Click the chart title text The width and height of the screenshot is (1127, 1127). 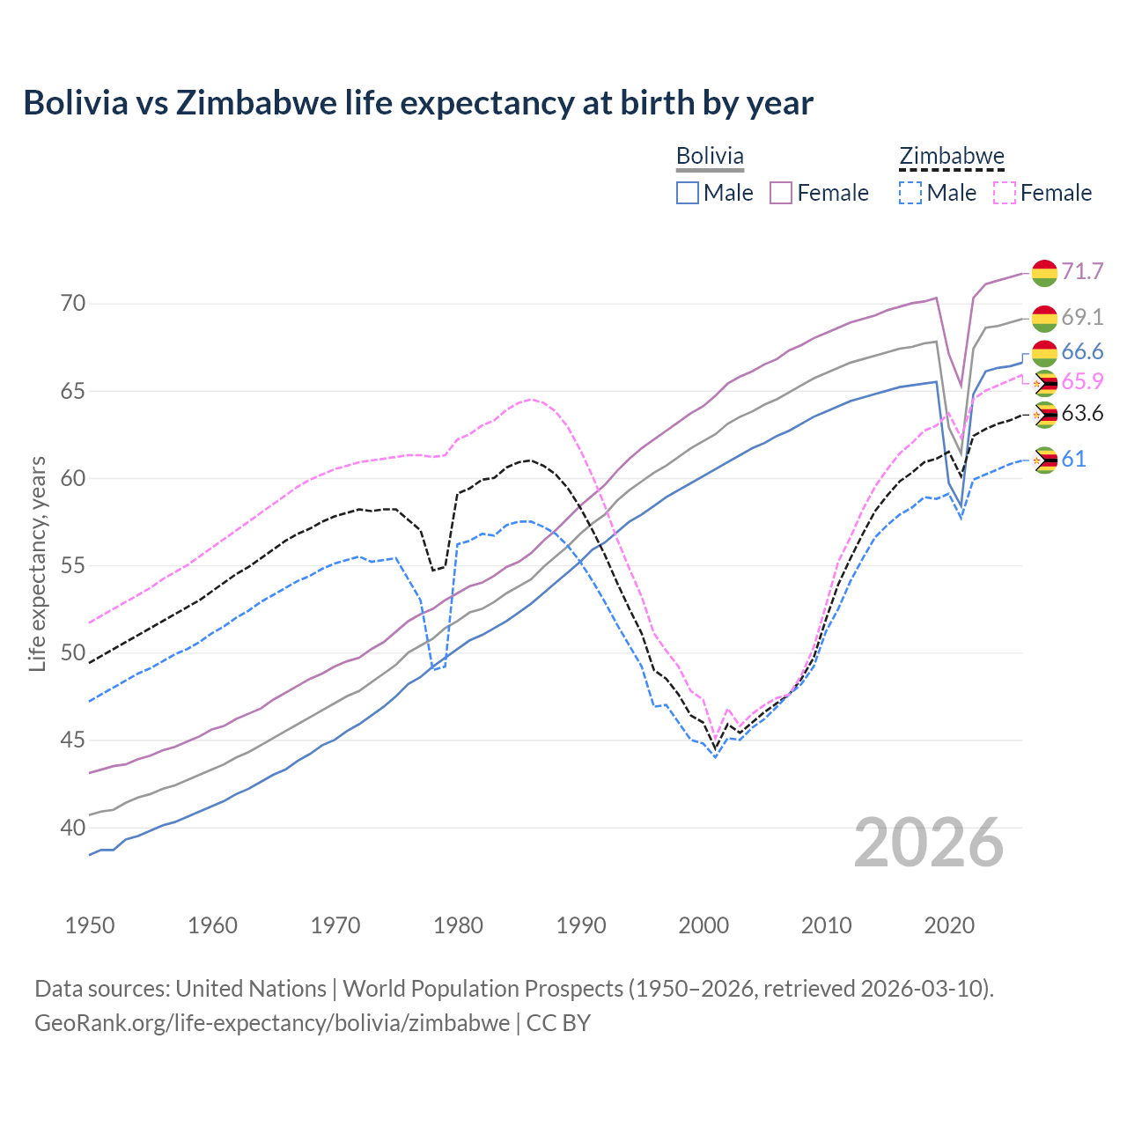[x=418, y=103]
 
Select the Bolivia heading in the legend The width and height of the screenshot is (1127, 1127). [x=710, y=156]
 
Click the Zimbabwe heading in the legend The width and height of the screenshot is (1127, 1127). [x=952, y=156]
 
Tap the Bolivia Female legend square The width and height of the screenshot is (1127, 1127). [x=782, y=193]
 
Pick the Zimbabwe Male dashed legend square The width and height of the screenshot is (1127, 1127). [x=910, y=193]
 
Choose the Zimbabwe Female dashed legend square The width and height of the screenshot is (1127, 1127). [x=1005, y=193]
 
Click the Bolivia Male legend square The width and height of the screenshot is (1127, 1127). [x=688, y=193]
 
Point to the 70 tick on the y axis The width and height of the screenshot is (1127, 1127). [x=74, y=304]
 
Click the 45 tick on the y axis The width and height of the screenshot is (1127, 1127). [x=74, y=740]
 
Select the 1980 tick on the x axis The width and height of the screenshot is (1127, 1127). [x=459, y=925]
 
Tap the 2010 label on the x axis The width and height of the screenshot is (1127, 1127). [x=826, y=925]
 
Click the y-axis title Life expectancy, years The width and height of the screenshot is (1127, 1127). [x=37, y=563]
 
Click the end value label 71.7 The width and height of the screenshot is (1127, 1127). [x=1082, y=271]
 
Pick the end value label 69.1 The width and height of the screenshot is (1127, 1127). [x=1082, y=317]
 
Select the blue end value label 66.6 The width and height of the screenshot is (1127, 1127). [x=1082, y=352]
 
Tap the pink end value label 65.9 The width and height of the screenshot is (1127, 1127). [x=1082, y=381]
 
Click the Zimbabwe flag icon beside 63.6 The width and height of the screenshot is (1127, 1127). [x=1044, y=415]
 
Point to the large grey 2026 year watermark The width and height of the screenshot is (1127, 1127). [x=929, y=843]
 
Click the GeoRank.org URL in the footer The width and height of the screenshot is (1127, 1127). [x=272, y=1023]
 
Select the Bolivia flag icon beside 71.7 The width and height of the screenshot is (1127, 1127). [x=1044, y=273]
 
